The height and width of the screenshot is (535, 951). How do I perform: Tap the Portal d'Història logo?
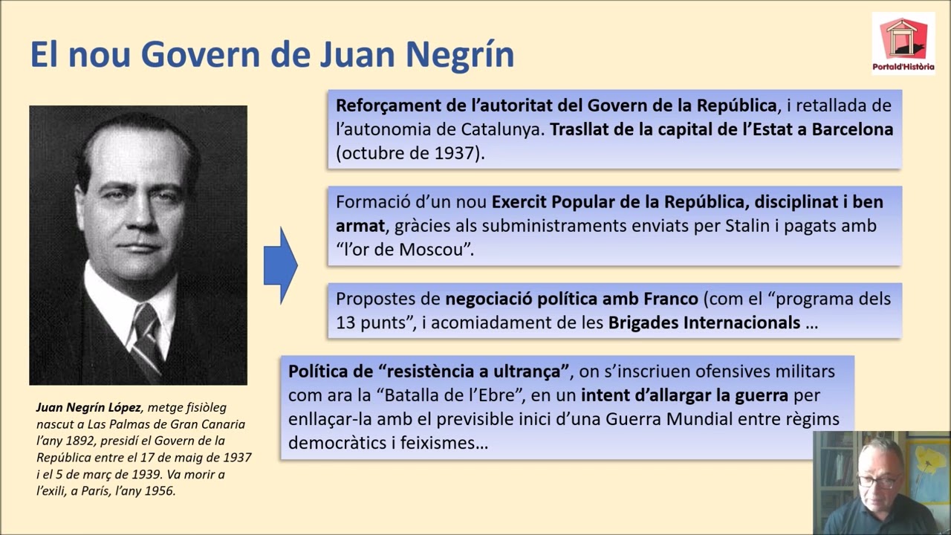pyautogui.click(x=903, y=43)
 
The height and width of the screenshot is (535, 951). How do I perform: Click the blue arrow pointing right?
pyautogui.click(x=281, y=265)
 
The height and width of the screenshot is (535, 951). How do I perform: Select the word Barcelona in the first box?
pyautogui.click(x=851, y=129)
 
